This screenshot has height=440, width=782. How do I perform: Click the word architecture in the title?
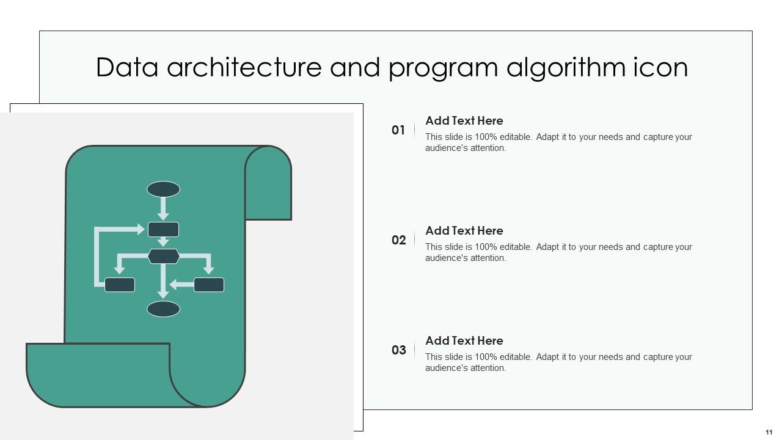pos(244,67)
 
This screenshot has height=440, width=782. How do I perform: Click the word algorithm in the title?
pos(566,68)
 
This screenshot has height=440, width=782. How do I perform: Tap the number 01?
pos(398,130)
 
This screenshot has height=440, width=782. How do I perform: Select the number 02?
pos(399,240)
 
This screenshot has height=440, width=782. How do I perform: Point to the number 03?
pos(399,350)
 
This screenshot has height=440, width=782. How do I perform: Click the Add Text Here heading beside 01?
pos(464,121)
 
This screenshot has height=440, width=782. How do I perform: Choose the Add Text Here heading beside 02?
pos(464,231)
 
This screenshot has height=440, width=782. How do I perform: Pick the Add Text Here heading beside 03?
pos(464,341)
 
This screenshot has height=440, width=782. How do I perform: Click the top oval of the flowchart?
pos(163,189)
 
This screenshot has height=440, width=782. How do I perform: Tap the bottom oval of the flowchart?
pos(163,309)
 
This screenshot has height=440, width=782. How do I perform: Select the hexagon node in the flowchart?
pos(164,256)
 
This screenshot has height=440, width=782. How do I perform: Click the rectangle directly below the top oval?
pos(163,229)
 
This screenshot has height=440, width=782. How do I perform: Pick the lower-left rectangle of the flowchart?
pos(120,285)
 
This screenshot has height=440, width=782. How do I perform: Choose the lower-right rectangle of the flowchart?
pos(209,285)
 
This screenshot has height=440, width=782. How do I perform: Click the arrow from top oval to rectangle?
pos(163,209)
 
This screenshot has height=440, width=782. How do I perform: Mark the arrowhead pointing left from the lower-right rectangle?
pos(174,285)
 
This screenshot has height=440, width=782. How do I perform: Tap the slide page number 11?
pos(769,432)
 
